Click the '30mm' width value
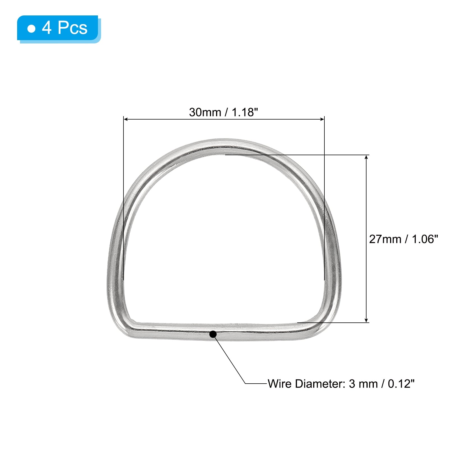coord(205,112)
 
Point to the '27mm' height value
coord(385,239)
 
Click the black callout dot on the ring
coord(213,334)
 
